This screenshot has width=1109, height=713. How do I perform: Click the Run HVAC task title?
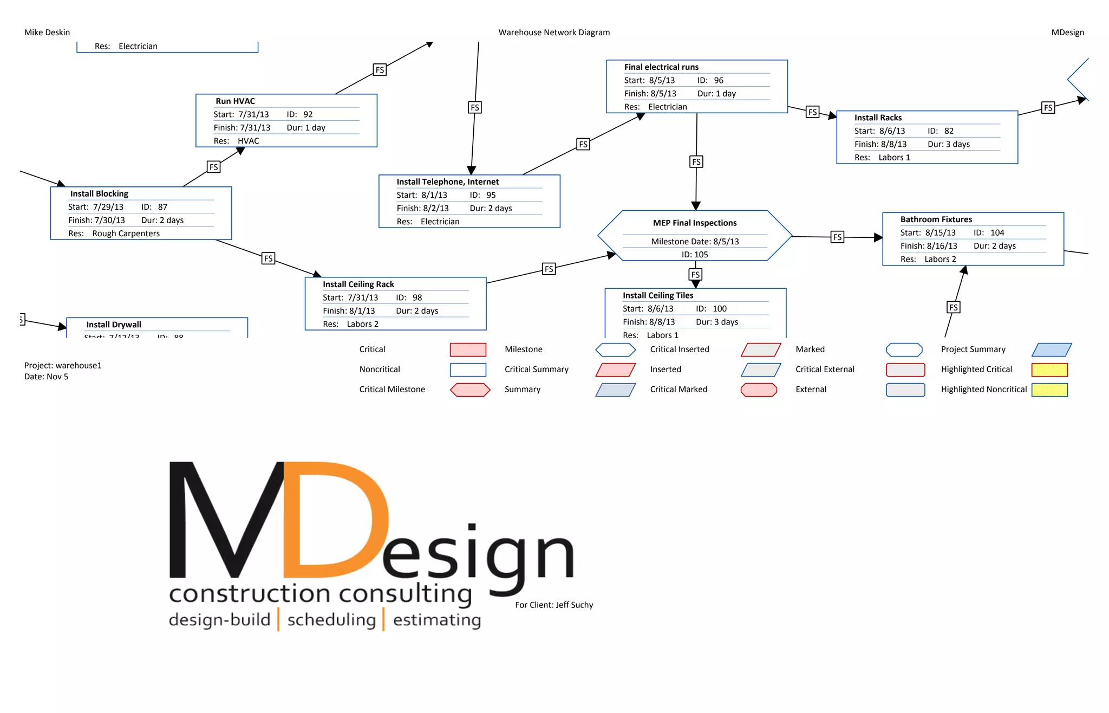[235, 101]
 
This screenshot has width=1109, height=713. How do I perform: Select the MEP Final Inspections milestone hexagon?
[695, 236]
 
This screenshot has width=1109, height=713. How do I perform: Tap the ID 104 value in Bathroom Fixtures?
[997, 233]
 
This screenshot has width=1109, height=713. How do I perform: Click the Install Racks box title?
[878, 118]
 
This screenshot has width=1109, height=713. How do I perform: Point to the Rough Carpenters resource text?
[126, 234]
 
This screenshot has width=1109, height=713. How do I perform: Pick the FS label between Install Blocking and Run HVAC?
[214, 167]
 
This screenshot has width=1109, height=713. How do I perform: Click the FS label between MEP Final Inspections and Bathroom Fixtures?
[837, 237]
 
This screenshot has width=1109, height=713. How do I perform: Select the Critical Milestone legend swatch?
[470, 390]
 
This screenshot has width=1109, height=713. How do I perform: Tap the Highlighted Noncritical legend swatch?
[1049, 390]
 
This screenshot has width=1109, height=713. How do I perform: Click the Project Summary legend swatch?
[1052, 350]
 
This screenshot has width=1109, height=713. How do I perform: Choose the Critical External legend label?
[825, 370]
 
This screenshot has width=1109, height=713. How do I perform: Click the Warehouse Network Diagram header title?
[554, 33]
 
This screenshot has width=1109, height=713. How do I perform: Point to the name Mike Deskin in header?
[47, 33]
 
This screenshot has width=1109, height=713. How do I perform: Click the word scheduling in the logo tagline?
[331, 620]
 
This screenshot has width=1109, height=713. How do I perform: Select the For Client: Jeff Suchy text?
[554, 605]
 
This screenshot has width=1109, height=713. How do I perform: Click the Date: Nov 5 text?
[46, 377]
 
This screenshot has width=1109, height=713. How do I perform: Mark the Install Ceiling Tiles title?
[658, 295]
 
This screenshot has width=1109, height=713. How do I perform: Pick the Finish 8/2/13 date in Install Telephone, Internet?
[422, 209]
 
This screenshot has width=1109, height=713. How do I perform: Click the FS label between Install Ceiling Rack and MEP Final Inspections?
[549, 269]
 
